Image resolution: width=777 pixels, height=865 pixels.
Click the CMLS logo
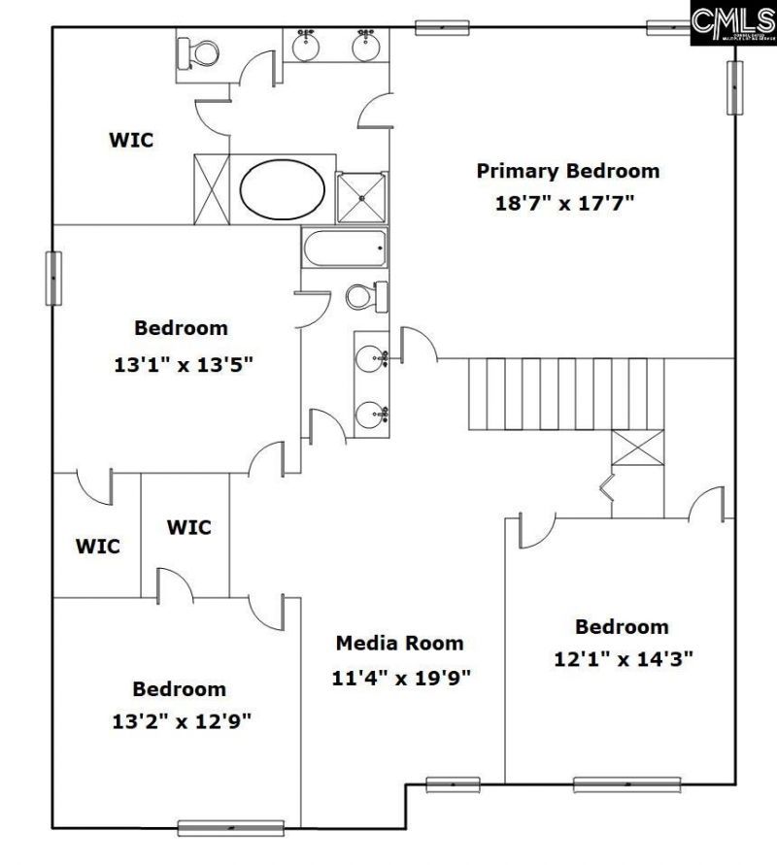click(732, 22)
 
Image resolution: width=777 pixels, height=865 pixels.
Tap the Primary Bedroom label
click(567, 172)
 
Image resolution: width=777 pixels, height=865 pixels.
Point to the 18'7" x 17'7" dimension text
click(567, 204)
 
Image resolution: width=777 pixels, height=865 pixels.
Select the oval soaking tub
click(283, 189)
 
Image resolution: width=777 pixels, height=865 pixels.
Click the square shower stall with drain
click(361, 197)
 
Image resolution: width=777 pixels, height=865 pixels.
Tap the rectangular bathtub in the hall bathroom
click(345, 250)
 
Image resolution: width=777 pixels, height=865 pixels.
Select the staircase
click(558, 392)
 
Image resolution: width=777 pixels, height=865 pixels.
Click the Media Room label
click(399, 643)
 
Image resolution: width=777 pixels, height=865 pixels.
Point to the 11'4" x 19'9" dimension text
click(402, 677)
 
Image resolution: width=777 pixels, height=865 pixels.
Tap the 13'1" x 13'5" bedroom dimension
click(184, 365)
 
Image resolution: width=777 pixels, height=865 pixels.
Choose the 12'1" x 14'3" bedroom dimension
click(623, 658)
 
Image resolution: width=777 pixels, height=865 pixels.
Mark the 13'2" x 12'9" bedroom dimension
click(181, 721)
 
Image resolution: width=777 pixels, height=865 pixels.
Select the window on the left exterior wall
click(53, 279)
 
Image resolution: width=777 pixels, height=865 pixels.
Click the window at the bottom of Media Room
click(453, 784)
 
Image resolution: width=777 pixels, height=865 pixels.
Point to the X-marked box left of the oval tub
click(212, 188)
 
